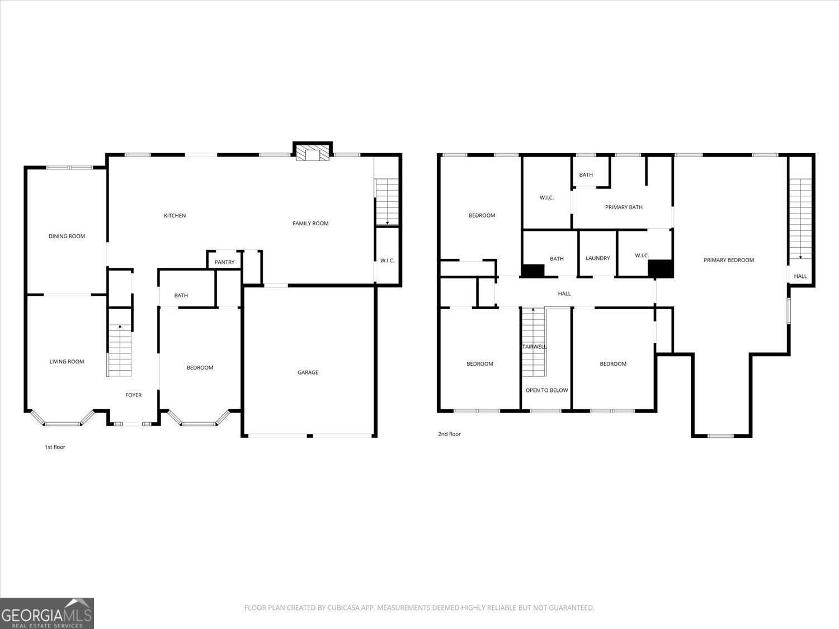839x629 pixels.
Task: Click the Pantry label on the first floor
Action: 224,262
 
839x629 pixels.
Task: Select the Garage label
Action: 308,372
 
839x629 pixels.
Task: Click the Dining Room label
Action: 67,236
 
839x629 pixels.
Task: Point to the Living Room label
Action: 67,362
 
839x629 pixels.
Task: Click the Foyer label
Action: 133,395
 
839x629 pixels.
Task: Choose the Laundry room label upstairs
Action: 597,258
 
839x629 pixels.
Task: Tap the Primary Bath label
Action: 624,207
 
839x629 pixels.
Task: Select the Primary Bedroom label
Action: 728,260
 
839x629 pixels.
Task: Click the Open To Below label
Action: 546,390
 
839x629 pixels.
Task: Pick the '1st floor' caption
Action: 55,447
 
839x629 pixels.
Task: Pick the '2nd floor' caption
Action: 449,434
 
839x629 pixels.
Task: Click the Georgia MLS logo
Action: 47,613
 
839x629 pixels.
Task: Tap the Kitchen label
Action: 175,216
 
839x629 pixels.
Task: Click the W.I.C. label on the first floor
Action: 387,261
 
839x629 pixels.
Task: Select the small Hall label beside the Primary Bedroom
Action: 800,276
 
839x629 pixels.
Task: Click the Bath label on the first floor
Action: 181,296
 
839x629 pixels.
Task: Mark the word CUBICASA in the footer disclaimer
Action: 342,608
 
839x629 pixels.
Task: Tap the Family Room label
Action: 310,224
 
